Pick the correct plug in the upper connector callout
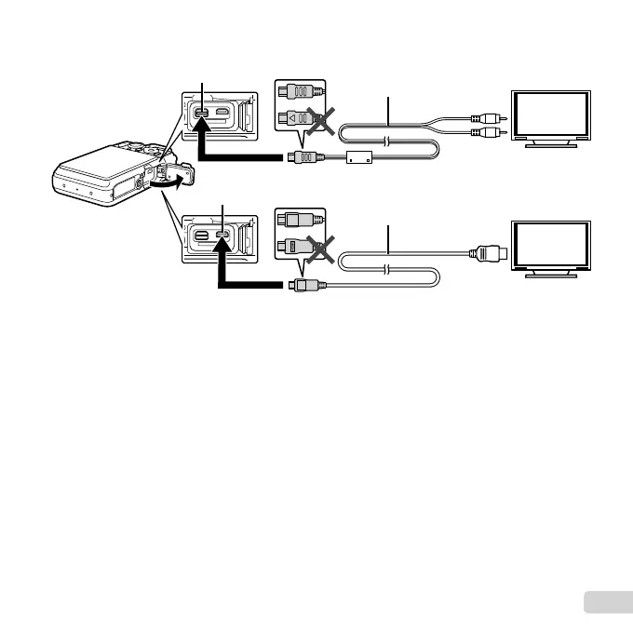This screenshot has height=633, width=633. click(x=300, y=93)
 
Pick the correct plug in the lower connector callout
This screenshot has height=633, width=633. click(x=300, y=222)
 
